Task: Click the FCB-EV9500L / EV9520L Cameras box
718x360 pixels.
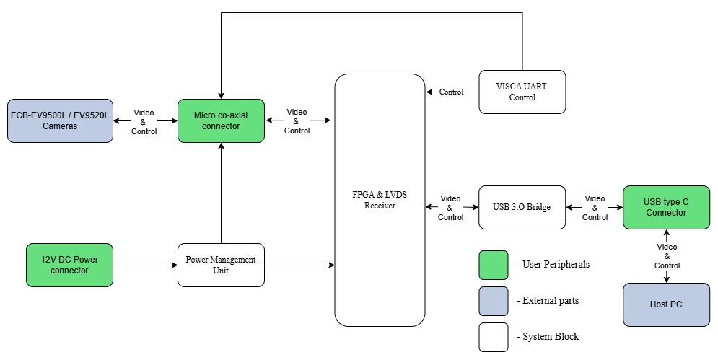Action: (x=60, y=120)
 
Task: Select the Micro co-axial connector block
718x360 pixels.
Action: (x=221, y=120)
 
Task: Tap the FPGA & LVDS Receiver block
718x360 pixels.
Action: (x=380, y=200)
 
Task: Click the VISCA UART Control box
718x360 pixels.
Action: (x=522, y=92)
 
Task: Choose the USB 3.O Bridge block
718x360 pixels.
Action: (x=522, y=207)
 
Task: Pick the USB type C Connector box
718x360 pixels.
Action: (x=666, y=207)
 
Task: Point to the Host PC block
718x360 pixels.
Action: (x=666, y=304)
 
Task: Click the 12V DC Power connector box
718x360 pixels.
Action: (x=70, y=265)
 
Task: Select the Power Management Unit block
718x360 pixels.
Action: (x=221, y=265)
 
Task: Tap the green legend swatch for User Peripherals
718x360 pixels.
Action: (x=494, y=265)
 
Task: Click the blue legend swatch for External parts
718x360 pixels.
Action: (x=494, y=301)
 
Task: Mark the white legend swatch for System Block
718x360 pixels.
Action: (x=494, y=337)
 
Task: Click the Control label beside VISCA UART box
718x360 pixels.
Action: (x=452, y=92)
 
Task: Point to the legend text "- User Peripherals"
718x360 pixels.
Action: (x=553, y=265)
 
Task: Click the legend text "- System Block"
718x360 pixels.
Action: (x=548, y=337)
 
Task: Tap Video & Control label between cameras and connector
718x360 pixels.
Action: (x=144, y=122)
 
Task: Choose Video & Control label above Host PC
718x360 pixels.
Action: (x=666, y=256)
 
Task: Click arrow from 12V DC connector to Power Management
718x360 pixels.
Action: (x=145, y=265)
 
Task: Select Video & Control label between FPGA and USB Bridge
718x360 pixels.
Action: (x=451, y=208)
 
